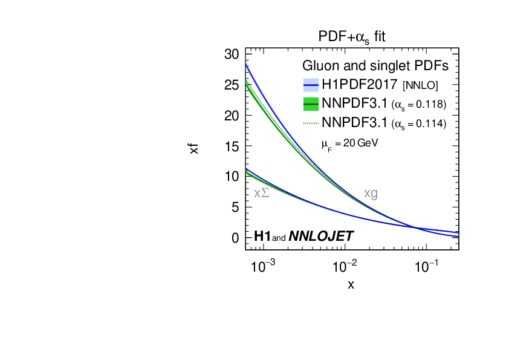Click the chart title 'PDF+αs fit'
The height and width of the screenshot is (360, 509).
click(x=352, y=37)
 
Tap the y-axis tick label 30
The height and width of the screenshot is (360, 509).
click(x=232, y=54)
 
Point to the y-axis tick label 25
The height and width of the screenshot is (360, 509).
click(x=232, y=85)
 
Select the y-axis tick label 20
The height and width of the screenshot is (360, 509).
click(x=232, y=116)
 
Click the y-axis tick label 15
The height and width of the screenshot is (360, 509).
click(x=232, y=146)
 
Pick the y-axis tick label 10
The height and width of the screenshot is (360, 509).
click(x=232, y=177)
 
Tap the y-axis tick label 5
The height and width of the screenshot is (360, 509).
click(x=235, y=208)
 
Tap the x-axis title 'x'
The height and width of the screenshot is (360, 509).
click(x=351, y=284)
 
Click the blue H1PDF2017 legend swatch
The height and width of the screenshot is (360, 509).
click(x=310, y=84)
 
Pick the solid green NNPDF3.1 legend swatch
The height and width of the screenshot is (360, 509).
click(x=310, y=103)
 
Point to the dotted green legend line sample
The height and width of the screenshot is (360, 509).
click(x=310, y=123)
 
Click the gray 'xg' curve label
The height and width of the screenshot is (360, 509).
click(x=371, y=194)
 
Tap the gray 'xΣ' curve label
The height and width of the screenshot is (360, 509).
click(x=261, y=194)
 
